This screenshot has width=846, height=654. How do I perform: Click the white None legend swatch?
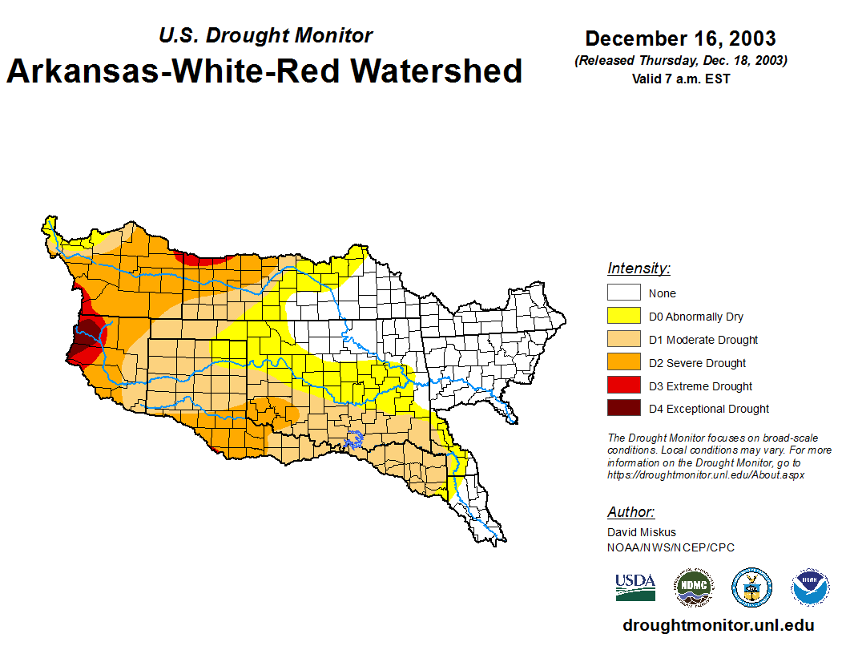[623, 293]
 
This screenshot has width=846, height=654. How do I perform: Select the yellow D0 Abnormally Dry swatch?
[623, 316]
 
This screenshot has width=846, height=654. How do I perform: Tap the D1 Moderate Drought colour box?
[623, 339]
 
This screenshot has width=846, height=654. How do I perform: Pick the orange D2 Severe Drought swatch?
[623, 362]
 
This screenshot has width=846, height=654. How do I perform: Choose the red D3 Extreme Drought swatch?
[623, 386]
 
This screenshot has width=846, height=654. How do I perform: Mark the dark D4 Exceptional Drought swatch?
[623, 408]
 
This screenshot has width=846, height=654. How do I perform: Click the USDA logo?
[635, 587]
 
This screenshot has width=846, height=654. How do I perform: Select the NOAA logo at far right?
[810, 587]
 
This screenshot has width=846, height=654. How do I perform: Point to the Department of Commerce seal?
[751, 587]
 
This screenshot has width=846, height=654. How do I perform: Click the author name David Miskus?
[642, 532]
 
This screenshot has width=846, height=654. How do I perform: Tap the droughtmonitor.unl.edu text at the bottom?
[718, 626]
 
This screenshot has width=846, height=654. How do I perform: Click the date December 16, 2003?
[680, 38]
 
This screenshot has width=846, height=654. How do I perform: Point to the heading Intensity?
[639, 268]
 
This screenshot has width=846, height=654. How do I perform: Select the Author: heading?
[630, 512]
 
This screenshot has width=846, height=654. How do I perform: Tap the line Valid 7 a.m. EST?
[680, 79]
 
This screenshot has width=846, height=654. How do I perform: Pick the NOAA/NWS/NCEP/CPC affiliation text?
[671, 547]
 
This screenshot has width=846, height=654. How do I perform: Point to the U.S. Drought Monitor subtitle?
[265, 36]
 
